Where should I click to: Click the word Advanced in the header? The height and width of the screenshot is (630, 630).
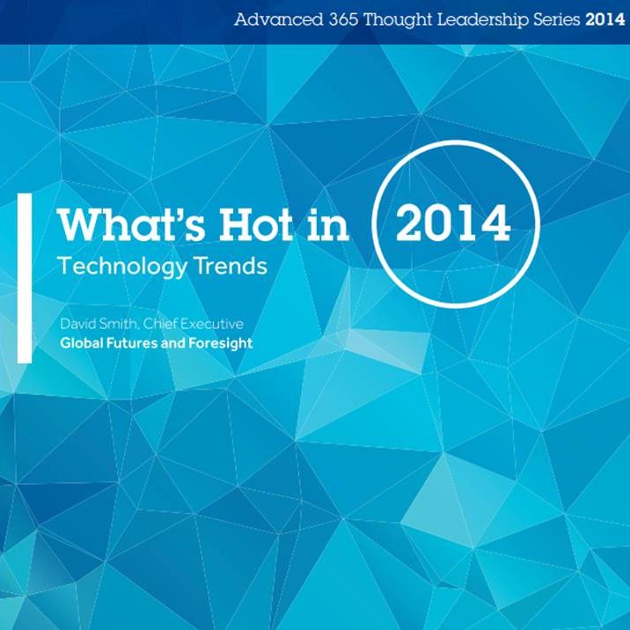[x=278, y=19]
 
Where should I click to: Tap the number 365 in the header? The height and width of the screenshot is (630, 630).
[x=343, y=19]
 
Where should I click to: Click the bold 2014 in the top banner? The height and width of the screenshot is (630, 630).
[x=605, y=20]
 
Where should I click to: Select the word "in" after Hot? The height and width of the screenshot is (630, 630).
[x=327, y=226]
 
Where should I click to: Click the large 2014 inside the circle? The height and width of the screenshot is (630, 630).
[x=453, y=223]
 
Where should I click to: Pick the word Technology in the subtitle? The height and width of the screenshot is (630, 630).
[x=122, y=267]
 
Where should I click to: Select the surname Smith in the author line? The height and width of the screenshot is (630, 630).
[x=119, y=325]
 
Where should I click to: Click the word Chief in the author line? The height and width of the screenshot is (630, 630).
[x=160, y=324]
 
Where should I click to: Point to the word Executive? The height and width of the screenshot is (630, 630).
[x=211, y=324]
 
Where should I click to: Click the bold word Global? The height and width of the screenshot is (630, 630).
[x=82, y=343]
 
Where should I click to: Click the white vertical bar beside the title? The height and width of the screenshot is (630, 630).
[x=25, y=278]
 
